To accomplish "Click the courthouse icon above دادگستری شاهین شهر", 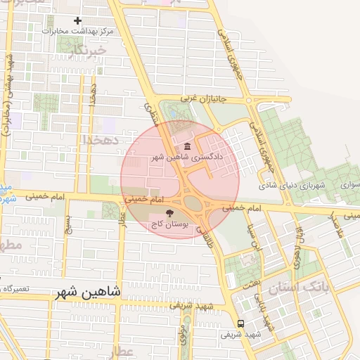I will tap(188, 146).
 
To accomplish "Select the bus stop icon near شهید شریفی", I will tap(241, 324).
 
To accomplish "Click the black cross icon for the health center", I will tap(77, 21).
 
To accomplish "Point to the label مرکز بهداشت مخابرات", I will tap(77, 32).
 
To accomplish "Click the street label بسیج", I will tap(67, 225).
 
